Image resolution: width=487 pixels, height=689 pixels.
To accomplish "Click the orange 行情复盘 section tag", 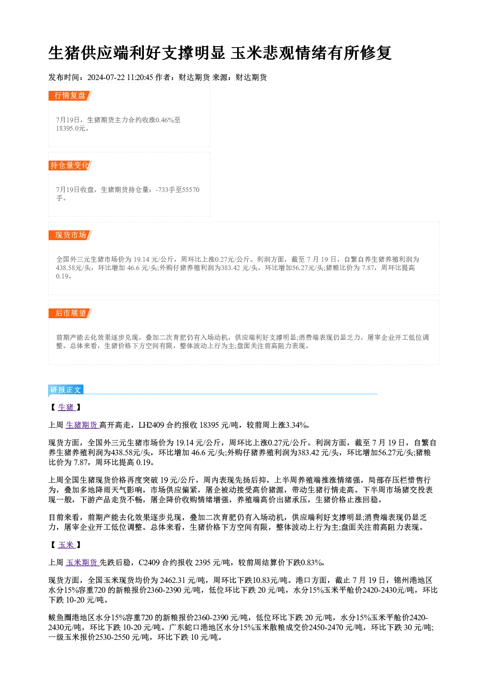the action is (x=70, y=96).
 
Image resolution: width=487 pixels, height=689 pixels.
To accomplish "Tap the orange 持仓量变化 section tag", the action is (x=70, y=165).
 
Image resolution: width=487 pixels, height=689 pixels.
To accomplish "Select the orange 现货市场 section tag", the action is (x=70, y=235).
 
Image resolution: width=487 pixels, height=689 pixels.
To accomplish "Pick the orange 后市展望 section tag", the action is (x=70, y=313).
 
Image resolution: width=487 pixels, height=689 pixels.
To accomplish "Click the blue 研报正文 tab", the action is (x=66, y=390).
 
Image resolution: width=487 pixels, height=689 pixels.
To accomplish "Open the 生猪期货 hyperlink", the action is (x=82, y=425).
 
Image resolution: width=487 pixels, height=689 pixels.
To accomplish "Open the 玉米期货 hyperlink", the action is (x=82, y=563).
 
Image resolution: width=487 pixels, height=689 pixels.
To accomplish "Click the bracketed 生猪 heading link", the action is (x=66, y=408).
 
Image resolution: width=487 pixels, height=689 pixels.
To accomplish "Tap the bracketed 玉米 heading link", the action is (x=66, y=545).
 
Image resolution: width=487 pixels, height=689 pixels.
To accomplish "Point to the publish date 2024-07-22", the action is (x=106, y=78).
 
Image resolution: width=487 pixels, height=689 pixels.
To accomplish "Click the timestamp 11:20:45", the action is (x=140, y=78).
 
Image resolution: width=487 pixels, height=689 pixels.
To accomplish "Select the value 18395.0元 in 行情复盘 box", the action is (x=70, y=129).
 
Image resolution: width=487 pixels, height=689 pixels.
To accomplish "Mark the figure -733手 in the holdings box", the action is (x=164, y=190).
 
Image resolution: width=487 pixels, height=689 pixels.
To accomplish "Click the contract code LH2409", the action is (x=151, y=425).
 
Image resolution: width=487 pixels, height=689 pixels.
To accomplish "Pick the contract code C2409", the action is (x=149, y=563).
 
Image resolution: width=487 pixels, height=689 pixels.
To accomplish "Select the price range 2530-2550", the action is (x=112, y=637).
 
